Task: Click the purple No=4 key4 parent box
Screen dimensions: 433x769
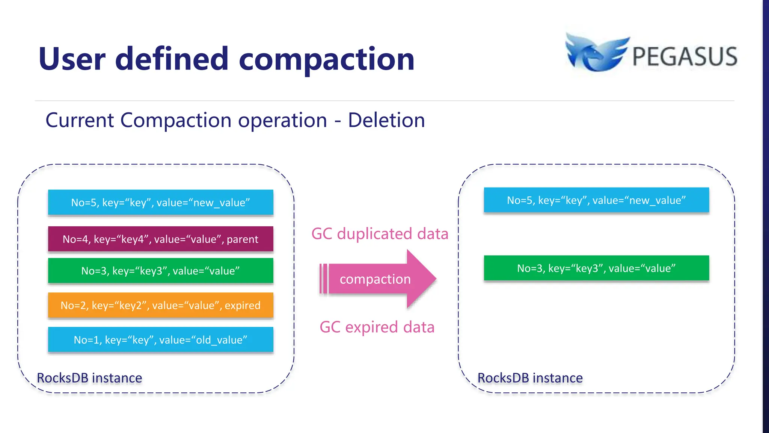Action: [160, 239]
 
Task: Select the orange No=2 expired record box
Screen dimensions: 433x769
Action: [160, 305]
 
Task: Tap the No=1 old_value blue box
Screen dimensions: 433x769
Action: [160, 340]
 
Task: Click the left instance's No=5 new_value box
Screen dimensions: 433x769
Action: [160, 203]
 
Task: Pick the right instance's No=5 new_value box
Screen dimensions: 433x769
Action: [596, 200]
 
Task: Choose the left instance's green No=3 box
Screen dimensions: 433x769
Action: [160, 271]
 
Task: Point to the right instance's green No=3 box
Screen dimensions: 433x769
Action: [596, 268]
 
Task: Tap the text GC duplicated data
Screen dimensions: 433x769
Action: [380, 234]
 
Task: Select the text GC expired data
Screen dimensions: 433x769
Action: [377, 327]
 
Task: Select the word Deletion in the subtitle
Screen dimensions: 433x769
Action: [386, 120]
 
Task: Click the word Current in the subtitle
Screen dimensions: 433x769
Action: [80, 120]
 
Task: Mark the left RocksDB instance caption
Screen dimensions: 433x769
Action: [89, 378]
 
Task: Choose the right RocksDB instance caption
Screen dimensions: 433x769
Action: [530, 378]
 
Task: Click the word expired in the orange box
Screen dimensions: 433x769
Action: [243, 305]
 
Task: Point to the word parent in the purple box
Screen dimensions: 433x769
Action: [242, 239]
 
